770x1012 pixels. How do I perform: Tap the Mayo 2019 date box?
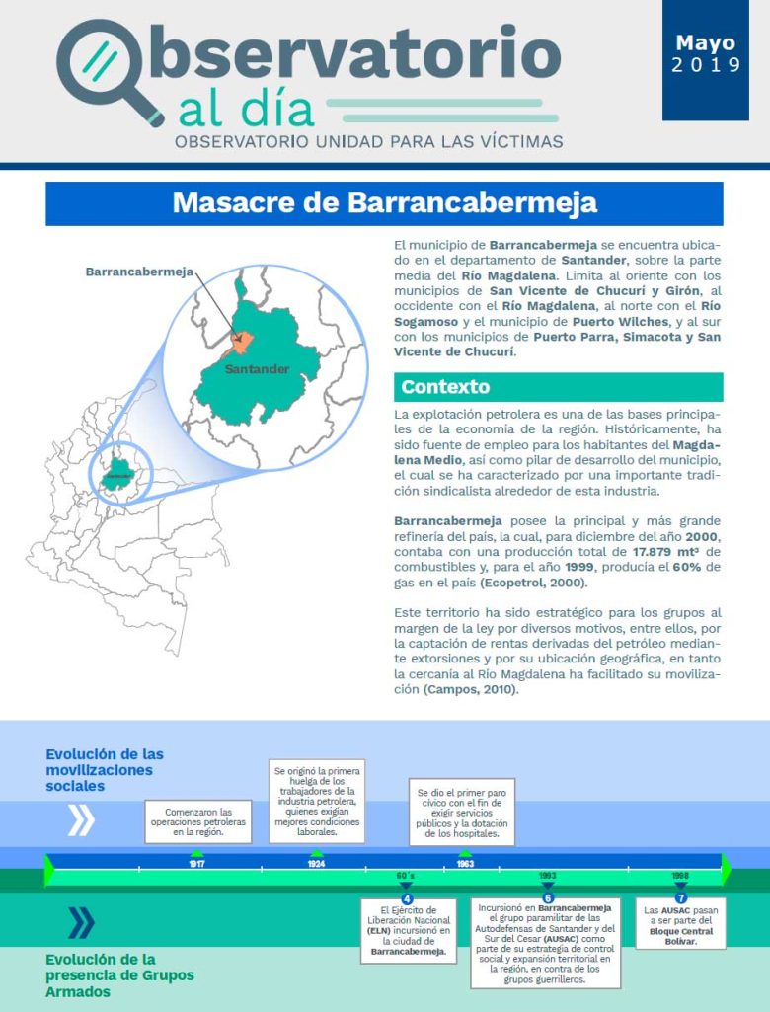[x=705, y=55]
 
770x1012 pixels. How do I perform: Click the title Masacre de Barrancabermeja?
[x=384, y=203]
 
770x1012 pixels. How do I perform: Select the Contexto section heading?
[x=445, y=387]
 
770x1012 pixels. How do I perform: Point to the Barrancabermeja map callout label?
[x=139, y=272]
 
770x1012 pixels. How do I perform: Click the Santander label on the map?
[x=256, y=369]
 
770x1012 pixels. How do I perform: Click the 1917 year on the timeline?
[x=196, y=863]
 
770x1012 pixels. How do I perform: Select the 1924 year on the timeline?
[x=316, y=863]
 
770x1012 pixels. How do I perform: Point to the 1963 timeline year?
[x=465, y=863]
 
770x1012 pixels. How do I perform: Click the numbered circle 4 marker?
[x=407, y=898]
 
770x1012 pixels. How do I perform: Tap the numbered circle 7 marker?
[x=681, y=898]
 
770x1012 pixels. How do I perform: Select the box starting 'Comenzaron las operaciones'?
[x=198, y=820]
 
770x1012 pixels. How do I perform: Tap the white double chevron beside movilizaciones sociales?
[x=80, y=819]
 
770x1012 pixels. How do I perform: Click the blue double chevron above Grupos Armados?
[x=80, y=923]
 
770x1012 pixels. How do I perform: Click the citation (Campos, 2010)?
[x=470, y=689]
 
